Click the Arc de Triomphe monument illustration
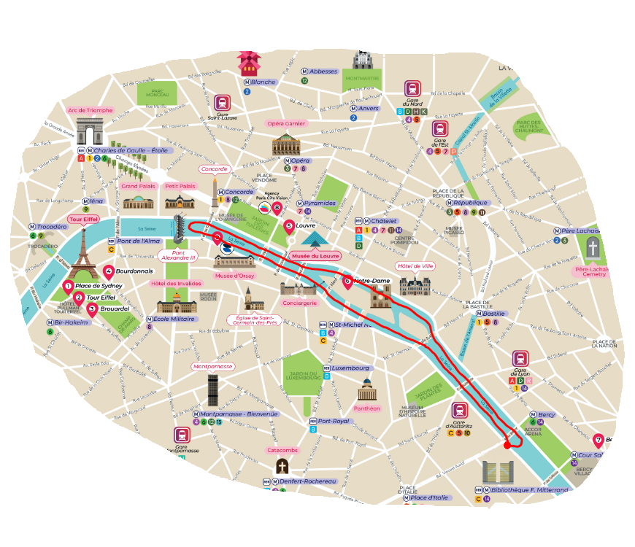pos(91,135)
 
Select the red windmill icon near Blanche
pos(248,63)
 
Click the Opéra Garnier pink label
pos(285,123)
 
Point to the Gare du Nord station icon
pos(413,90)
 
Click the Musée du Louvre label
pos(315,256)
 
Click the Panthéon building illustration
pos(366,389)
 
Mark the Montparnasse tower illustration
pos(212,389)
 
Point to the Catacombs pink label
pos(282,450)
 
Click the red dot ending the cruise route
pos(507,445)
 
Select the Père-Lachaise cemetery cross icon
pos(593,249)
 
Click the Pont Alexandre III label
pos(178,256)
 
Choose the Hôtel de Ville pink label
pos(415,265)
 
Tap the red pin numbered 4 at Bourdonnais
pos(109,270)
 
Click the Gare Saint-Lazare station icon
pos(223,103)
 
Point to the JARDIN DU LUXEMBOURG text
pos(303,373)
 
